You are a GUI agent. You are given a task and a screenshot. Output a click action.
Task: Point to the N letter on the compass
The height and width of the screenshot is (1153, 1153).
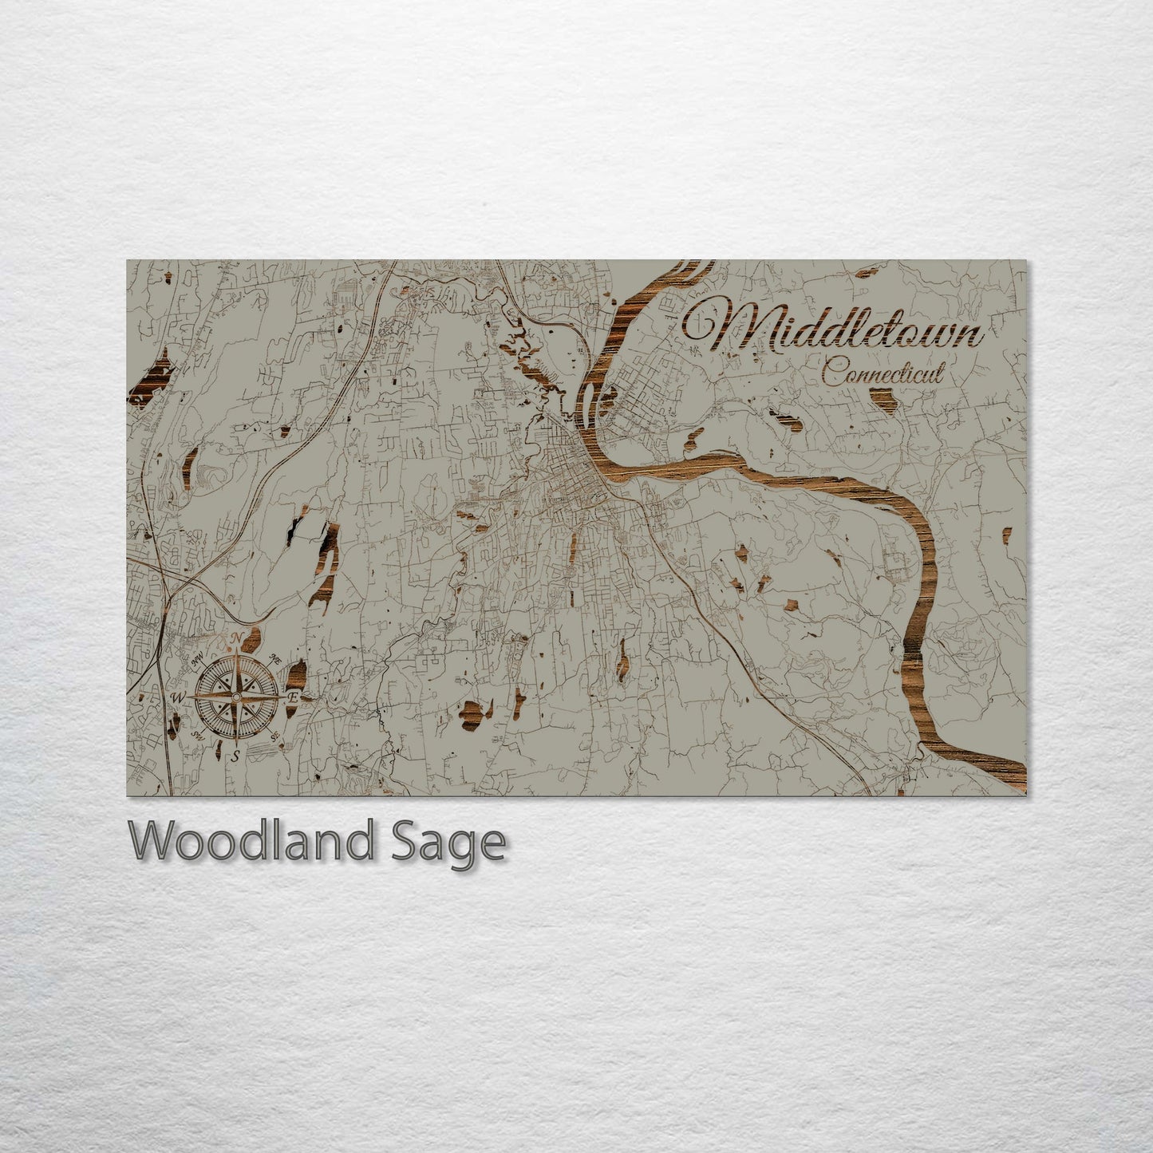237,638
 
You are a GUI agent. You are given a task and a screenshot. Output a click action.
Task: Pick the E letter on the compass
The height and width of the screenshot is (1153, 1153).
294,697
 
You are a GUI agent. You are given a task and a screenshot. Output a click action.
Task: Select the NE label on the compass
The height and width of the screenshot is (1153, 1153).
274,660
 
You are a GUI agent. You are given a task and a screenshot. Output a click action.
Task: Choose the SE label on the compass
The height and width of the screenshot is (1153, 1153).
274,735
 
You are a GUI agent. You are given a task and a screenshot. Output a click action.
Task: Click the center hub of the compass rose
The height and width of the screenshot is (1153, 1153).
236,697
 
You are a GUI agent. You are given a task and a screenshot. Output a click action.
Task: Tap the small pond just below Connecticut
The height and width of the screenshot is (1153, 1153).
883,397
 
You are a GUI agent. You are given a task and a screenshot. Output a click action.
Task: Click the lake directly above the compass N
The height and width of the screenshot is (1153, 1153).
252,638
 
